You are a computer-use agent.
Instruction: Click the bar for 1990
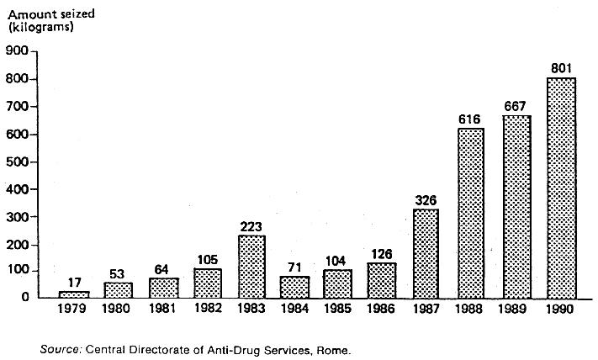tap(561, 188)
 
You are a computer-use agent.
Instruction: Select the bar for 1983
tap(251, 266)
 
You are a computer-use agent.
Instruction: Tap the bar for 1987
tap(426, 252)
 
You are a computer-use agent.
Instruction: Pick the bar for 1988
tap(471, 212)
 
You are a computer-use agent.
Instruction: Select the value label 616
tap(471, 119)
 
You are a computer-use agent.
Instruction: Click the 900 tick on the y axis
tap(19, 51)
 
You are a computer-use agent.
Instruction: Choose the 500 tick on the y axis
tap(19, 161)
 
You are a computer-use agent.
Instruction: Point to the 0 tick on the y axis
tap(26, 297)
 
